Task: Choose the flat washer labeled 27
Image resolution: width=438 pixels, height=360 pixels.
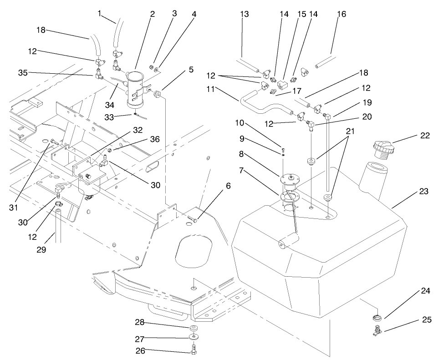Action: click(x=194, y=337)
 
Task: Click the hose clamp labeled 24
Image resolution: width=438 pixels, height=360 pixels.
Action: click(x=376, y=317)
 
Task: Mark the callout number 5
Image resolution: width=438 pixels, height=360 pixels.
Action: click(x=191, y=70)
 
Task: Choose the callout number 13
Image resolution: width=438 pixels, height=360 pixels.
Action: click(x=244, y=14)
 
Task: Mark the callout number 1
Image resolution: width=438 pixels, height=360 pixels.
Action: click(x=99, y=13)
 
